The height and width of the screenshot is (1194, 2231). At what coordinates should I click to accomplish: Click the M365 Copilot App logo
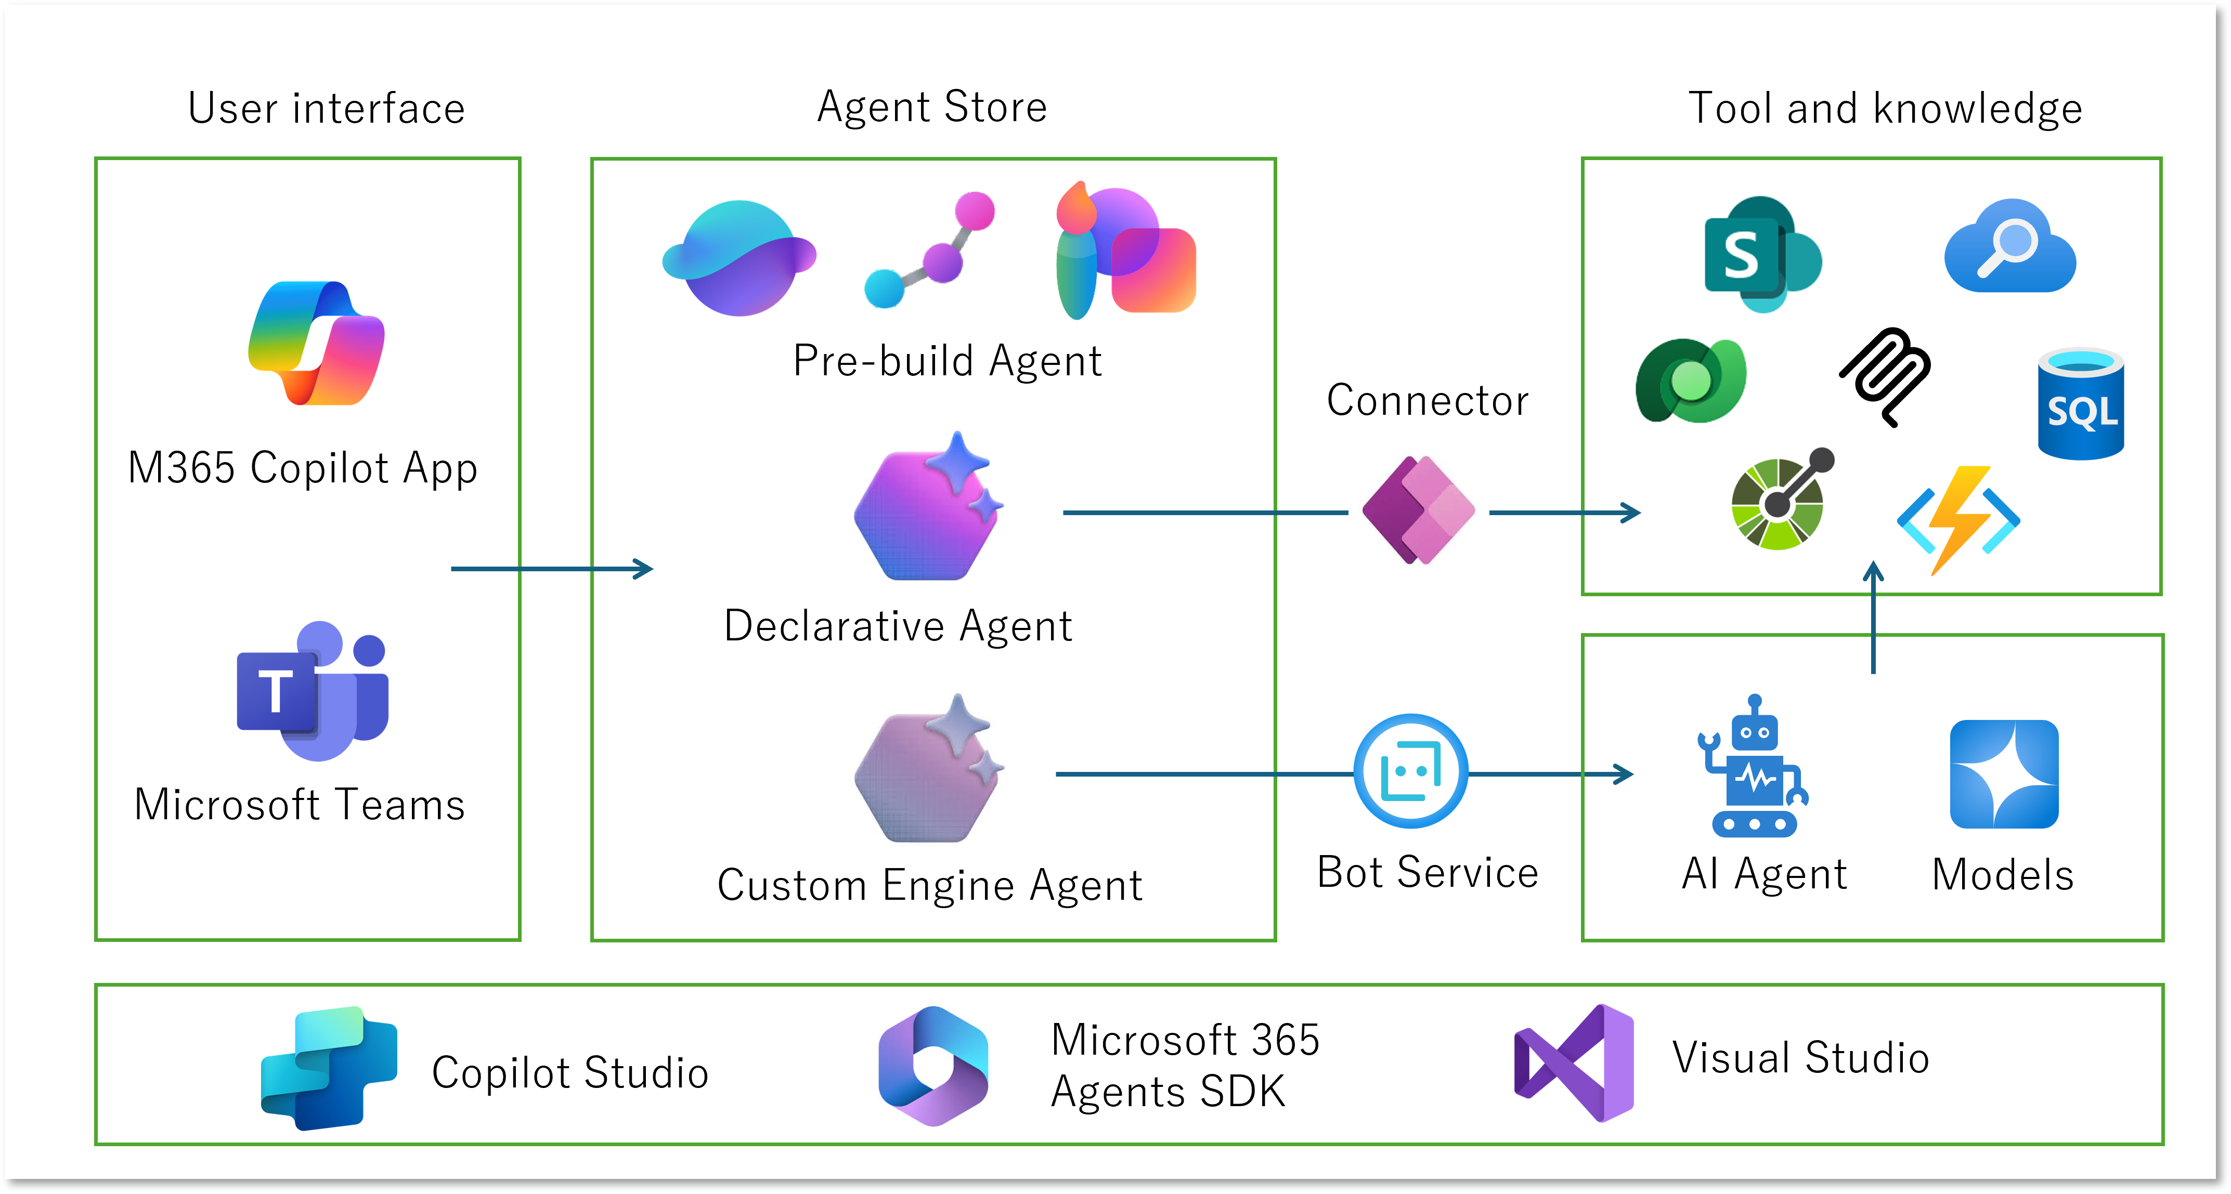coord(316,343)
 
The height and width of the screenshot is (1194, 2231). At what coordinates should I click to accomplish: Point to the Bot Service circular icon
coord(1411,770)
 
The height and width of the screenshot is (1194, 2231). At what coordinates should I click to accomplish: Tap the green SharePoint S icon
coord(1761,254)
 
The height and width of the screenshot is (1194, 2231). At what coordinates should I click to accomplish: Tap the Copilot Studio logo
coord(329,1068)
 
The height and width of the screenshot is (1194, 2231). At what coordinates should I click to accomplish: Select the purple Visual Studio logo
coord(1574,1062)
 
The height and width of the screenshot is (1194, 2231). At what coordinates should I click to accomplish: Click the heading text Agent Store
coord(932,108)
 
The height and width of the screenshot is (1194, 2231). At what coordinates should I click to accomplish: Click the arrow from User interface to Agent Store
coord(552,569)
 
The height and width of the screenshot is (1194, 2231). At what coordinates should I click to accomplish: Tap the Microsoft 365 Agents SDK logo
coord(933,1066)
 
